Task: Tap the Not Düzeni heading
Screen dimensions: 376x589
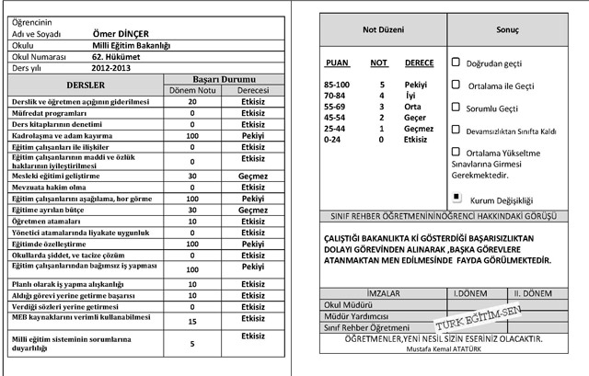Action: pos(382,29)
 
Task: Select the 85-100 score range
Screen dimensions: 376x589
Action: pos(337,85)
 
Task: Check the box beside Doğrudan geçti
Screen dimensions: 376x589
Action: pos(456,63)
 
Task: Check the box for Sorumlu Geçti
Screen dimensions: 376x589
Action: pos(456,107)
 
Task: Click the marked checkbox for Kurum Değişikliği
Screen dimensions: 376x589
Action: pos(456,197)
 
